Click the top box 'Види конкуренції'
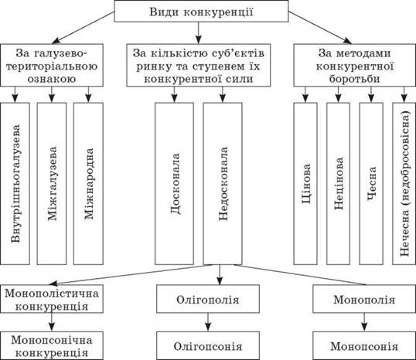pyautogui.click(x=201, y=12)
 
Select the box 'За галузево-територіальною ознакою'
pyautogui.click(x=52, y=65)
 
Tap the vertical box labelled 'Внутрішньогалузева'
pyautogui.click(x=15, y=183)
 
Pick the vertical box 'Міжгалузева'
pyautogui.click(x=52, y=183)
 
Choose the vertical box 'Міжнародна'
pyautogui.click(x=88, y=183)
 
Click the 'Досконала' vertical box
pyautogui.click(x=174, y=183)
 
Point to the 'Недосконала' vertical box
pyautogui.click(x=223, y=183)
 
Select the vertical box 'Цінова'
pyautogui.click(x=305, y=183)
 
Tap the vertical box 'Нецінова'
pyautogui.click(x=338, y=183)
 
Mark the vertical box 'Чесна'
pyautogui.click(x=371, y=183)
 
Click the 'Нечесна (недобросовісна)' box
pyautogui.click(x=404, y=183)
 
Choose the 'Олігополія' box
pyautogui.click(x=208, y=299)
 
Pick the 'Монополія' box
pyautogui.click(x=364, y=299)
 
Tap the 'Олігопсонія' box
pyautogui.click(x=208, y=345)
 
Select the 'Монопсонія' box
pyautogui.click(x=364, y=345)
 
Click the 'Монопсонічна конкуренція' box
pyautogui.click(x=52, y=345)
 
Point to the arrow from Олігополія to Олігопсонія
pyautogui.click(x=208, y=322)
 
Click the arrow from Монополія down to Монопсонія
pyautogui.click(x=364, y=322)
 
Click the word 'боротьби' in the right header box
pyautogui.click(x=354, y=79)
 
